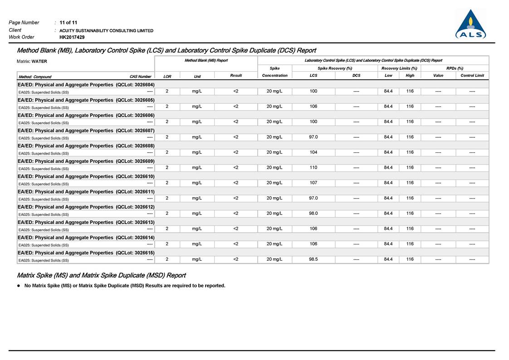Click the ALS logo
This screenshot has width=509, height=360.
point(470,25)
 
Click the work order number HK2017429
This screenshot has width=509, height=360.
point(72,37)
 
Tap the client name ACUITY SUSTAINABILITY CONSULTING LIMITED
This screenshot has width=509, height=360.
point(107,30)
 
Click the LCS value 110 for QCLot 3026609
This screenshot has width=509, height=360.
point(313,167)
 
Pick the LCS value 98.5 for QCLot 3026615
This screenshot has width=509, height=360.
point(313,259)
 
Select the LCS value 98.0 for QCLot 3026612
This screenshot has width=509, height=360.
point(313,213)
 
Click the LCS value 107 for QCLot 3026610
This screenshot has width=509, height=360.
point(313,183)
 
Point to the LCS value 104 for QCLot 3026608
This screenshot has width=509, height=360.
point(313,152)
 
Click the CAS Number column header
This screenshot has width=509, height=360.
point(141,77)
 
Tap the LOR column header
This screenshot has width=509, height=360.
point(167,77)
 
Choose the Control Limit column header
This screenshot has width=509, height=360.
point(472,76)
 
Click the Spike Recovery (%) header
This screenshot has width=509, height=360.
point(335,68)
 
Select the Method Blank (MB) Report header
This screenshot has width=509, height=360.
point(206,60)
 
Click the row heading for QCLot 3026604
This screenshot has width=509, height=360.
point(86,84)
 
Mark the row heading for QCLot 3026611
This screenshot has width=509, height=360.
point(86,191)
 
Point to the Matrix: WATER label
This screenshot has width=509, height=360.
point(32,61)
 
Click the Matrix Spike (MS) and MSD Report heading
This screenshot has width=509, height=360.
point(101,275)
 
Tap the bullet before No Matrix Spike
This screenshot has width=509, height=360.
point(19,286)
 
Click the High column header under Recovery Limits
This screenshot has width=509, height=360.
point(410,76)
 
